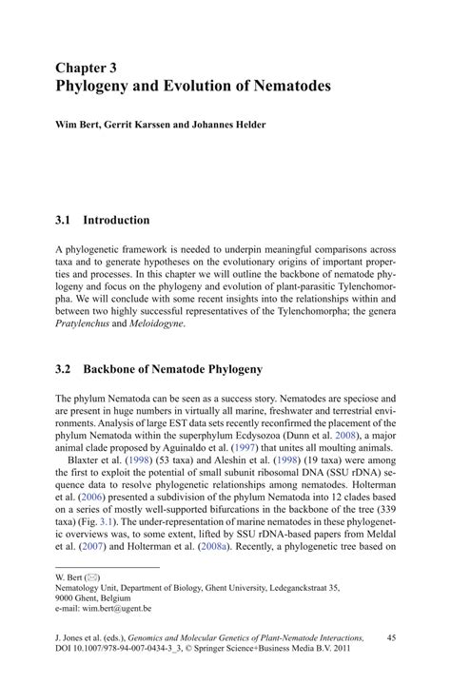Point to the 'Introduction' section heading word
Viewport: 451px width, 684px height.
[116, 221]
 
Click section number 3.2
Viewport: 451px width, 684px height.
[64, 367]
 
